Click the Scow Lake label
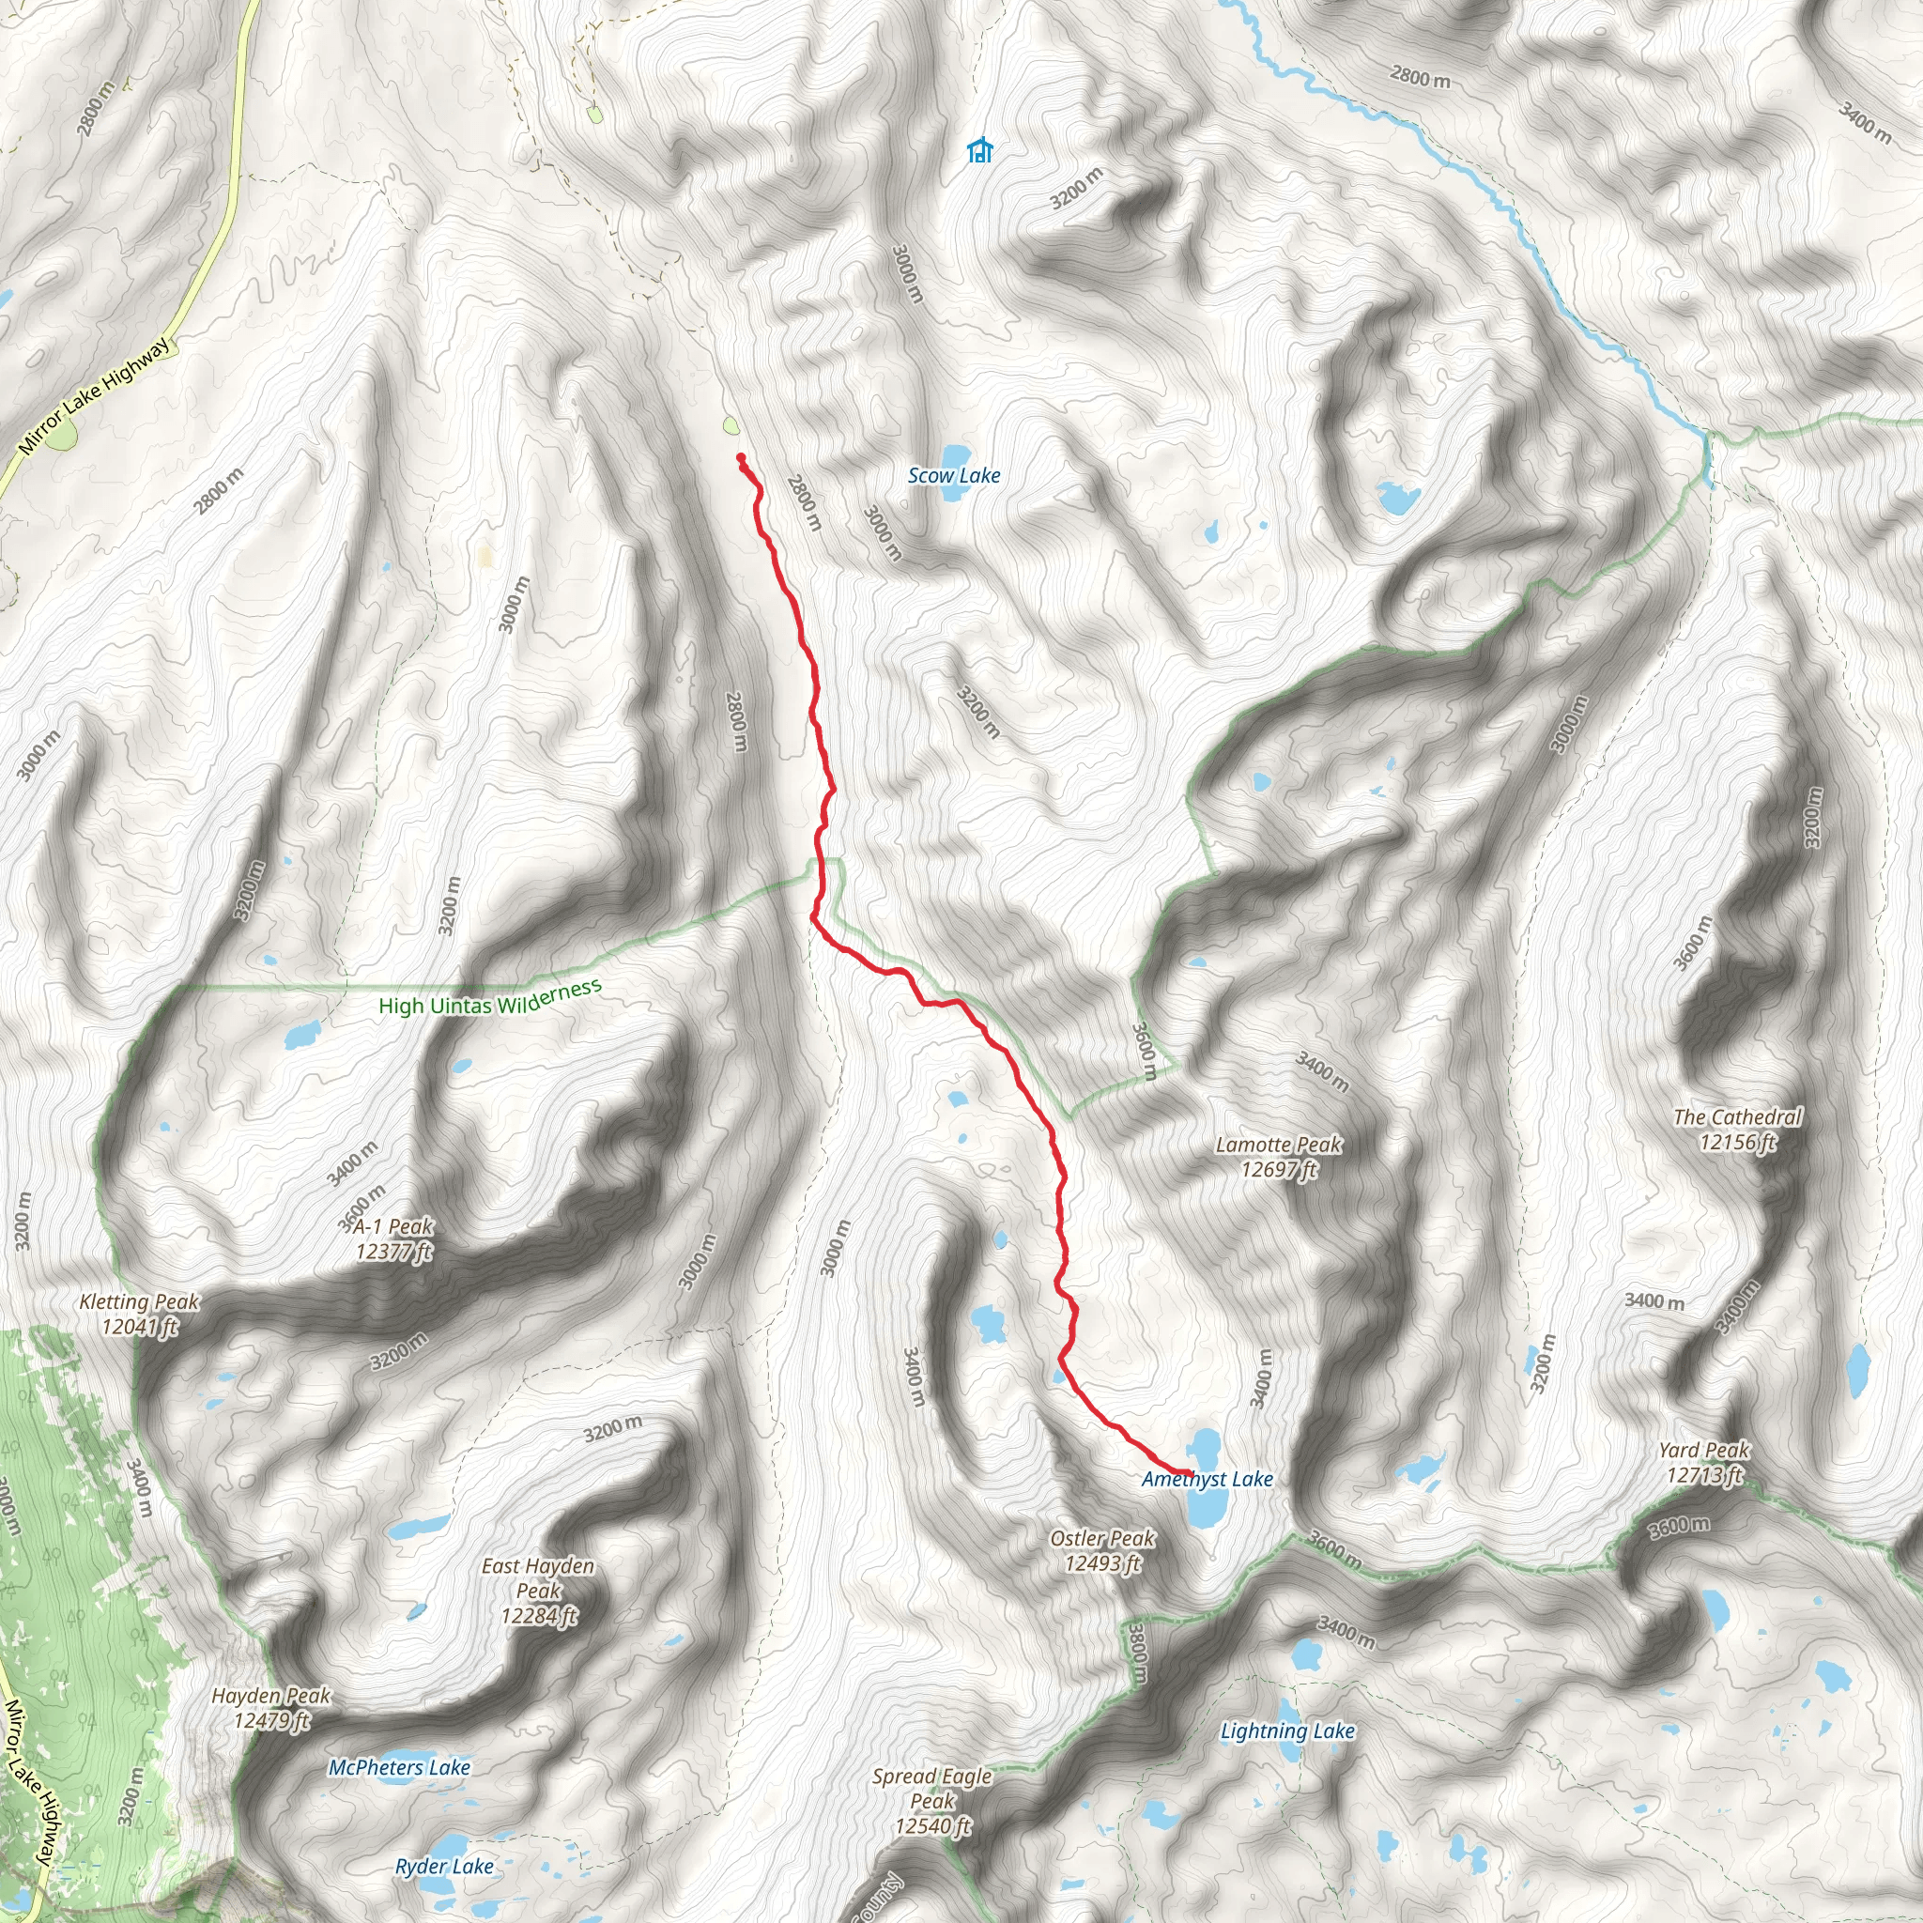click(x=954, y=476)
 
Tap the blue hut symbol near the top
click(x=979, y=150)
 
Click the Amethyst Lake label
click(x=1207, y=1479)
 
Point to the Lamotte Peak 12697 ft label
click(x=1278, y=1157)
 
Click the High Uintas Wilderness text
click(x=490, y=997)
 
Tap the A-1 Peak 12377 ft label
click(x=393, y=1238)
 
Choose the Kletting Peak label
click(x=139, y=1314)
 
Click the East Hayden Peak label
click(x=537, y=1591)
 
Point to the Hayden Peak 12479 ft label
click(x=270, y=1708)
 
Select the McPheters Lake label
click(x=399, y=1768)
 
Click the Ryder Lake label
click(x=444, y=1867)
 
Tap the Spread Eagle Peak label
click(x=931, y=1801)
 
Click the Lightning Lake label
click(x=1287, y=1731)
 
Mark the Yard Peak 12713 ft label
click(x=1704, y=1462)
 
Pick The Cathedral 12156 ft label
click(x=1737, y=1129)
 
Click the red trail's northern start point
click(x=741, y=457)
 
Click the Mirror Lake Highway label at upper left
click(x=95, y=396)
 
